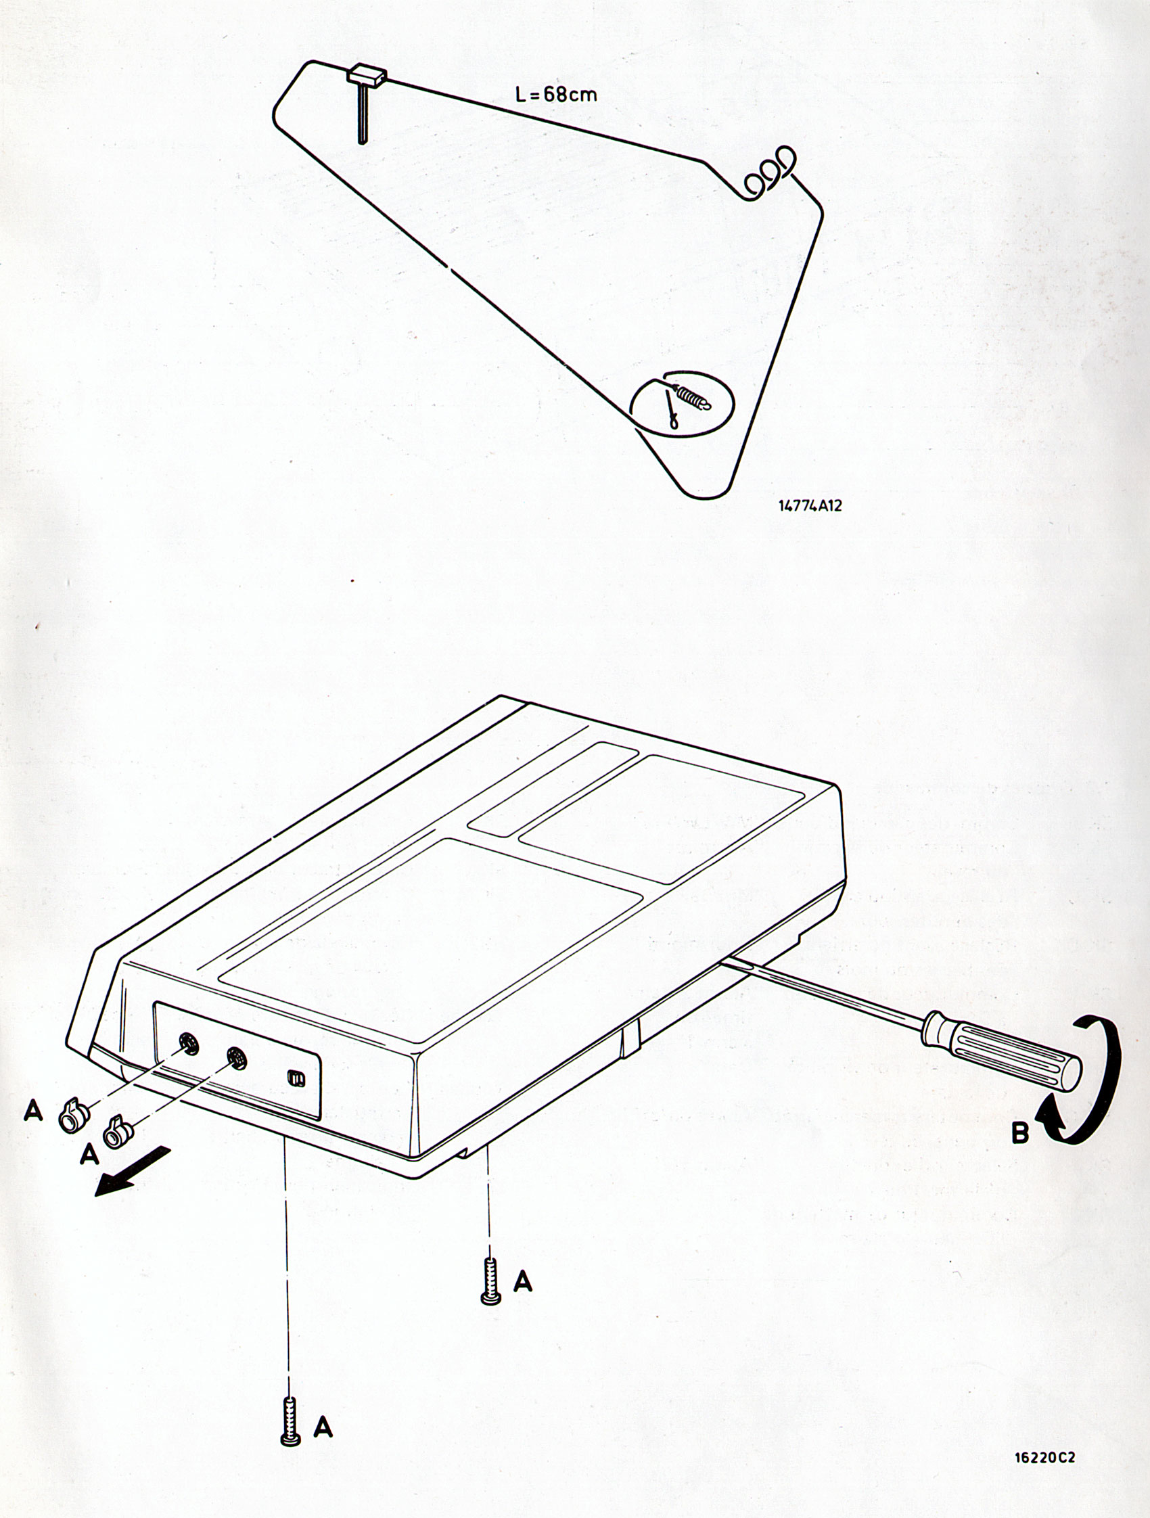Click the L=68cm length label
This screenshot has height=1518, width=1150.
click(x=556, y=94)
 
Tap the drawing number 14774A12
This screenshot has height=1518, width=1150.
click(x=810, y=506)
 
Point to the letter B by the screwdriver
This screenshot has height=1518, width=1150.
click(x=1020, y=1133)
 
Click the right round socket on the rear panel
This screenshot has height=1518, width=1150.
click(x=237, y=1061)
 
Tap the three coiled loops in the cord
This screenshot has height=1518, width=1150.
click(x=770, y=172)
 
